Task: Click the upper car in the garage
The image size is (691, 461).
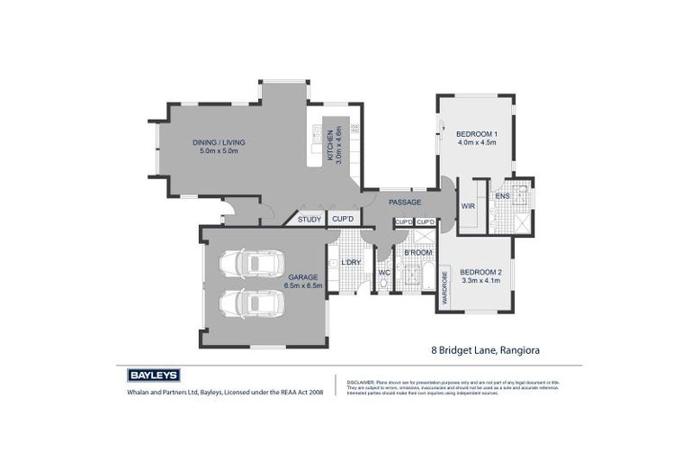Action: click(252, 263)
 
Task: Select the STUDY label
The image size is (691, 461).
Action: click(310, 219)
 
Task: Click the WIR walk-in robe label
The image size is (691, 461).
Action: click(468, 206)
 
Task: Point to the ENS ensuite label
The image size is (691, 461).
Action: click(502, 195)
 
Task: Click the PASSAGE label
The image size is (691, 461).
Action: click(405, 202)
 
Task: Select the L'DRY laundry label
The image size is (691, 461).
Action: click(350, 262)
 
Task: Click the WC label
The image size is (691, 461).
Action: click(383, 271)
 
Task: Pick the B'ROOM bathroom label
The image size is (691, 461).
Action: click(417, 254)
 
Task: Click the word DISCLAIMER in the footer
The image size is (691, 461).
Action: click(362, 382)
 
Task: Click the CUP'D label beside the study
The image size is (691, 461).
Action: click(343, 219)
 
